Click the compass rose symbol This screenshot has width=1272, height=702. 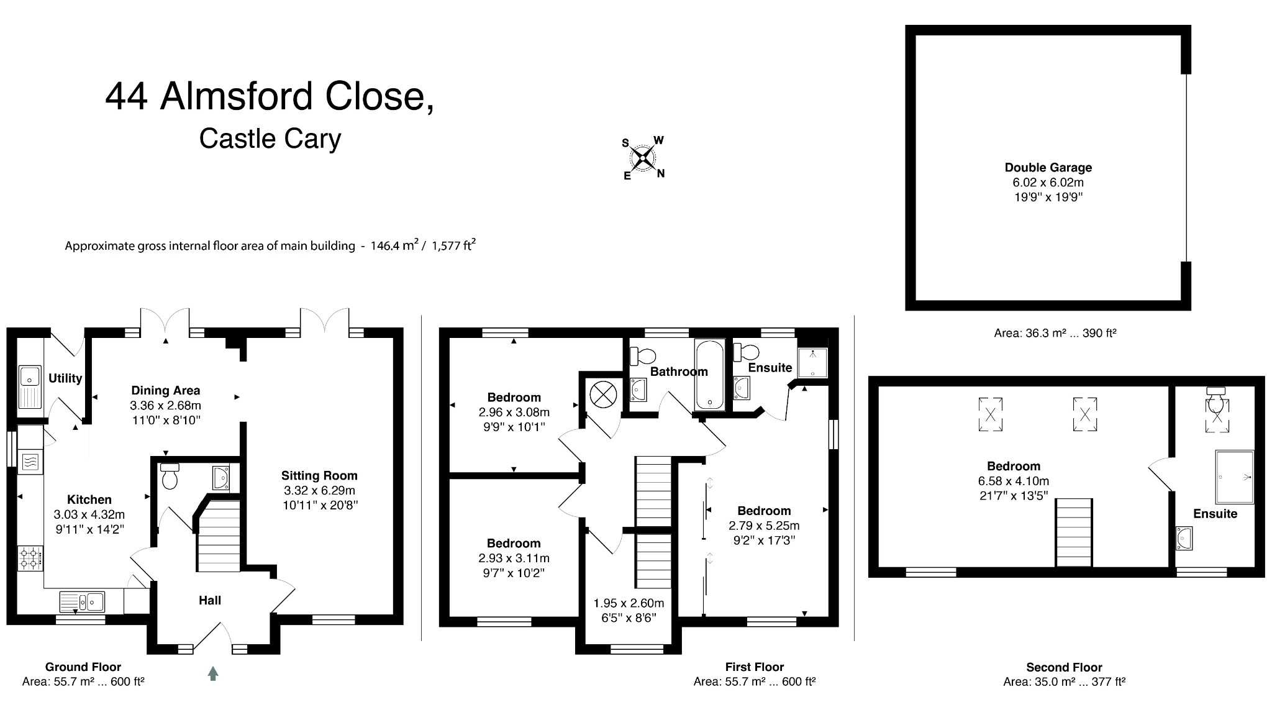(x=643, y=158)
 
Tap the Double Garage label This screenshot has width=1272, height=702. (x=1048, y=167)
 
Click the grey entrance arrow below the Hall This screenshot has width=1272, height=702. (x=213, y=673)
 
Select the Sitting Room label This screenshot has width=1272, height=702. (x=319, y=476)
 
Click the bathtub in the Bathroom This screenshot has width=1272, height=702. (x=709, y=375)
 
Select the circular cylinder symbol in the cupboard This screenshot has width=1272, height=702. (x=602, y=394)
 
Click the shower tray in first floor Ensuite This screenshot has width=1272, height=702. (x=812, y=363)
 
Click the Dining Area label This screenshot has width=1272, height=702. (x=165, y=391)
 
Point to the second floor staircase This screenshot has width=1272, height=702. (x=1074, y=532)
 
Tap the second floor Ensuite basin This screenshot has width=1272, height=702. (x=1184, y=538)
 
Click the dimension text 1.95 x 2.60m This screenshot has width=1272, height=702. (x=629, y=603)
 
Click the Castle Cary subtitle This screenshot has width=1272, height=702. (x=270, y=139)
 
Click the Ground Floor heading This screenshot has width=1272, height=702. (x=83, y=667)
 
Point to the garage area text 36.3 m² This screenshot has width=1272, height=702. (x=1024, y=333)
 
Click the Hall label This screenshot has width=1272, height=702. (x=210, y=601)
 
